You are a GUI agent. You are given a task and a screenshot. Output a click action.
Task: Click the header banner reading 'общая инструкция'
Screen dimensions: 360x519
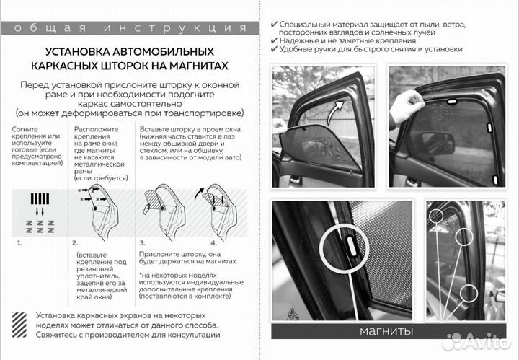tap(129, 28)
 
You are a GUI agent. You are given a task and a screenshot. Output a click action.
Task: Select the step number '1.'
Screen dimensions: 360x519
tap(19, 244)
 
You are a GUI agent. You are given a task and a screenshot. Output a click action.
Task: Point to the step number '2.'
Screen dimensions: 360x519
tap(75, 244)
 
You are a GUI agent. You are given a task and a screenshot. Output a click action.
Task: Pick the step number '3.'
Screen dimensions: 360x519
tap(143, 244)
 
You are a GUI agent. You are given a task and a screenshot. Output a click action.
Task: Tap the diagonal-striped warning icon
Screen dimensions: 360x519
tap(25, 324)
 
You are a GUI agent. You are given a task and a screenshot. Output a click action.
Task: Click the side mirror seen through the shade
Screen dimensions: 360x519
tap(437, 142)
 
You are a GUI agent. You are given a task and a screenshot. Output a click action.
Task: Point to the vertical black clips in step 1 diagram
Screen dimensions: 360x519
tap(40, 198)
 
